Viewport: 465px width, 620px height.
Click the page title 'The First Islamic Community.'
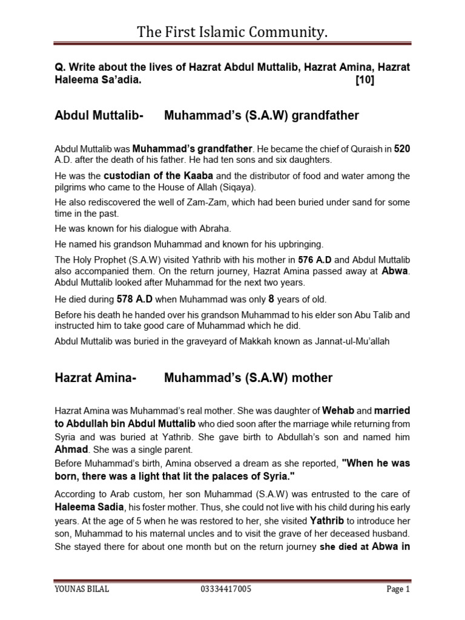232,31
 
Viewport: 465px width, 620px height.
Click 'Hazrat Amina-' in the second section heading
96,378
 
